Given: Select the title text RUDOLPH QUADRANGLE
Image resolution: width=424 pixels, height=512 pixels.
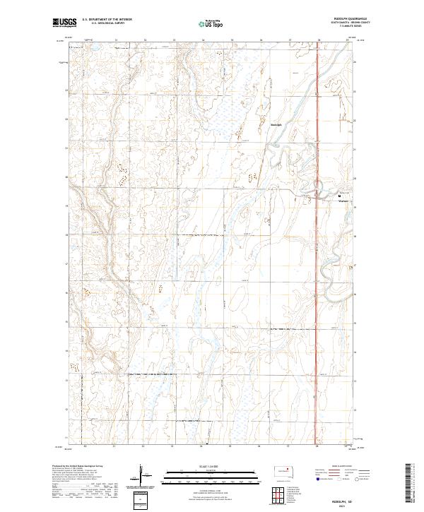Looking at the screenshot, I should point(339,20).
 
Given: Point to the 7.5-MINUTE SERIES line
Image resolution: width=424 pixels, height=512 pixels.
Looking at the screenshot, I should point(339,28).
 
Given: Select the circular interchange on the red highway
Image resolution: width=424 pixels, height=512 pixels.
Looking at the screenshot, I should point(319,189).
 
